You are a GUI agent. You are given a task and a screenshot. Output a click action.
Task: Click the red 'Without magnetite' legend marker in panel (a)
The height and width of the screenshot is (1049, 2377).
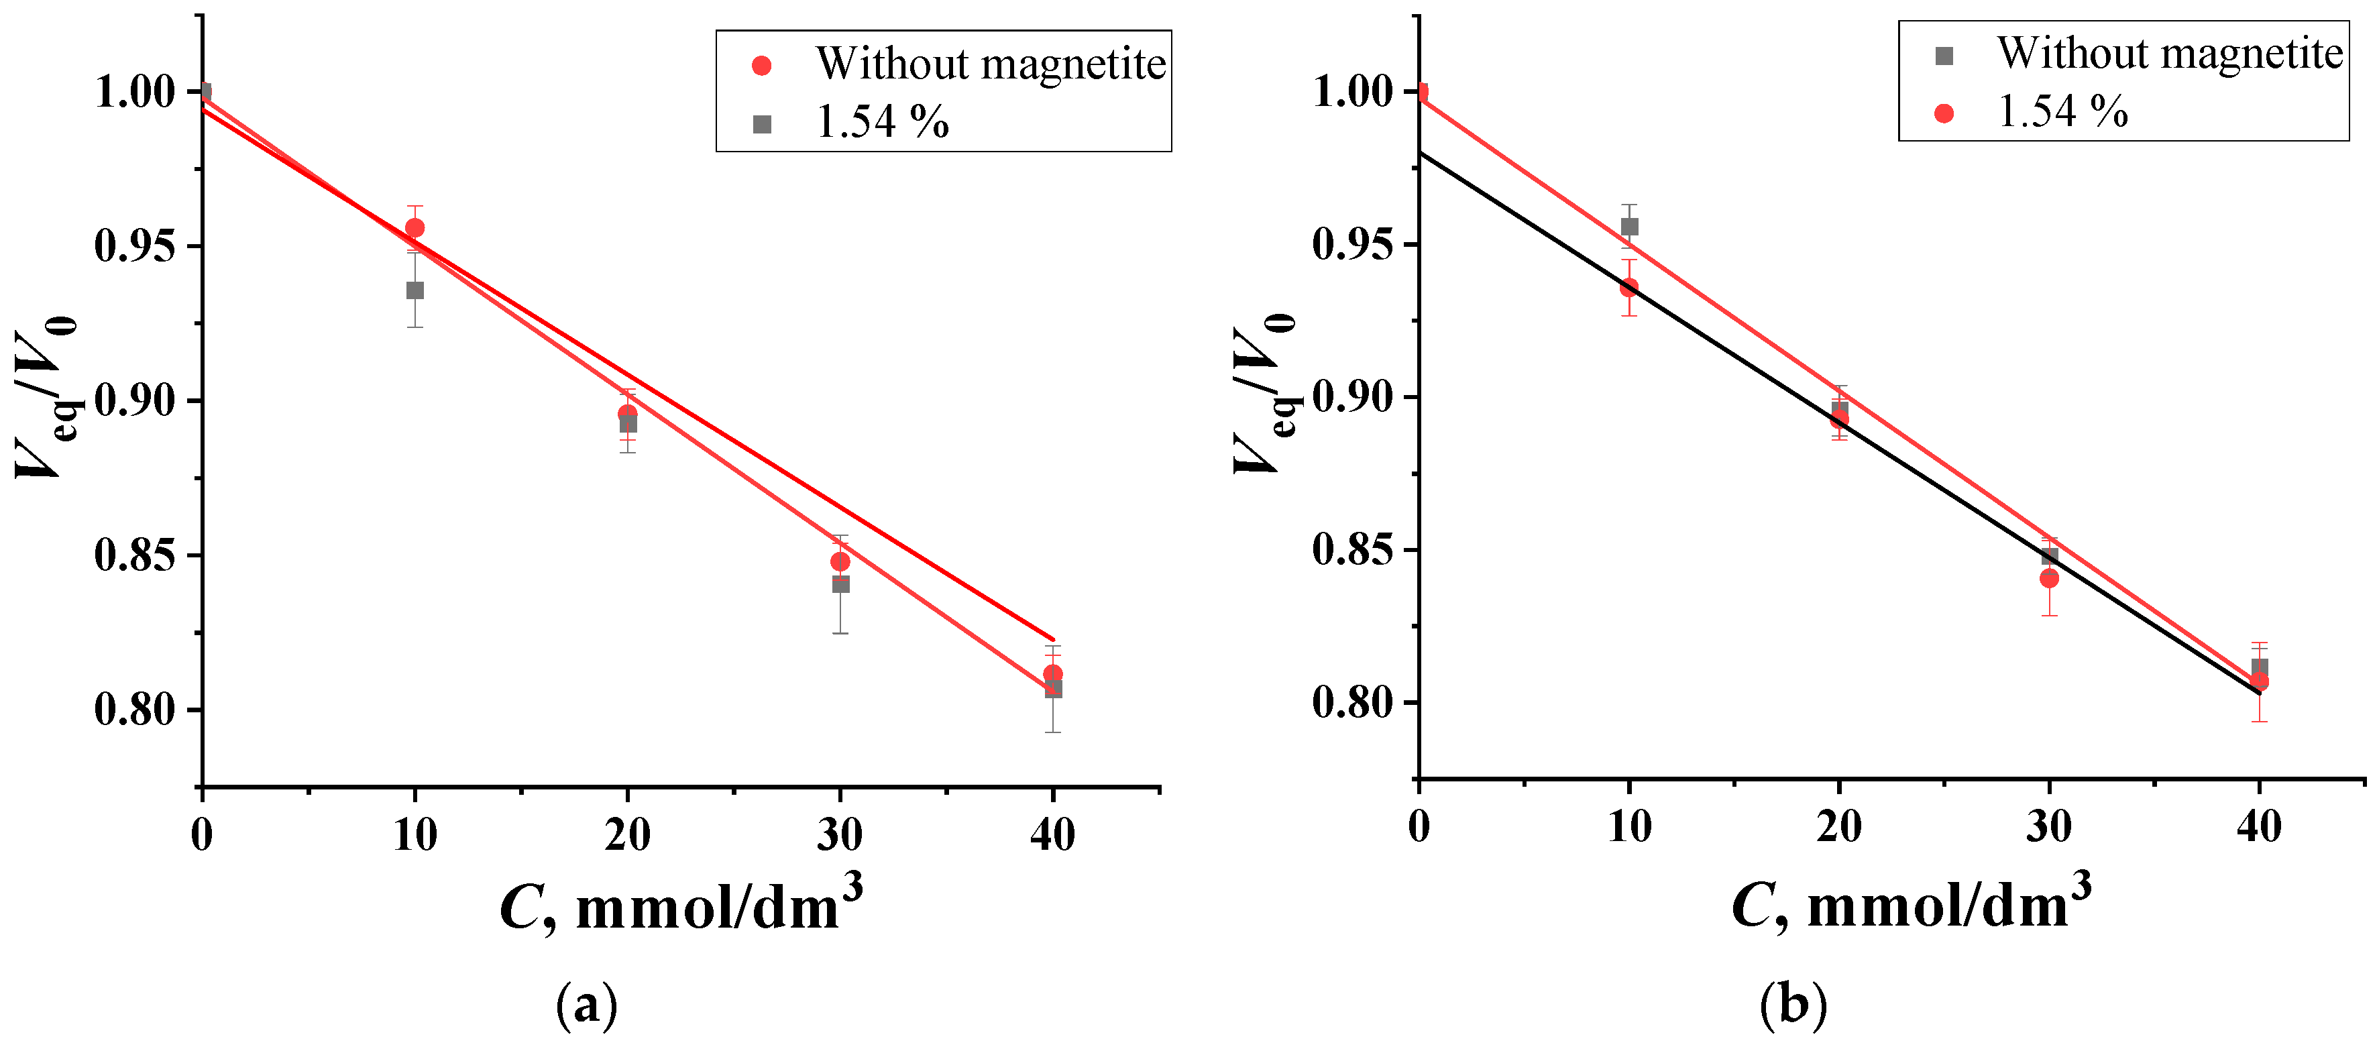[761, 66]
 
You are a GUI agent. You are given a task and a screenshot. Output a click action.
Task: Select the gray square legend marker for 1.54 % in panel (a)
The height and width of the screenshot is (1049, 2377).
[761, 123]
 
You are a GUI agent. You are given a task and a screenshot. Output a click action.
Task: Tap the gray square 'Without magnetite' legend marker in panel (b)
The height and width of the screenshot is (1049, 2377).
[1944, 56]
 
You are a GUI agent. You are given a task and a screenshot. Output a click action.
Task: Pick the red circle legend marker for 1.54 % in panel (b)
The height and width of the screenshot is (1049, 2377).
[1944, 113]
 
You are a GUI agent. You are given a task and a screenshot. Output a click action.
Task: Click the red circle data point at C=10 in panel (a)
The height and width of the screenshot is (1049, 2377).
[415, 228]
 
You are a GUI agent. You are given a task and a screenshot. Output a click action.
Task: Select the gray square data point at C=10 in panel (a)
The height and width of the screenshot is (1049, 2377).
[415, 290]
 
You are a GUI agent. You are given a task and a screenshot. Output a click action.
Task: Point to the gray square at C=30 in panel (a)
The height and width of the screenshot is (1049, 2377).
[840, 584]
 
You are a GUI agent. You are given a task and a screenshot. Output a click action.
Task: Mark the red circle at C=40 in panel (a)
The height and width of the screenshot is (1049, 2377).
[1053, 673]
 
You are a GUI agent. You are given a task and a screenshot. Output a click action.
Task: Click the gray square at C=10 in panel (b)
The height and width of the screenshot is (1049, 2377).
[1630, 227]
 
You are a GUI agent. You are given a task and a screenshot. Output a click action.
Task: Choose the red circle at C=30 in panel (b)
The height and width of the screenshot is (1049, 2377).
[2050, 578]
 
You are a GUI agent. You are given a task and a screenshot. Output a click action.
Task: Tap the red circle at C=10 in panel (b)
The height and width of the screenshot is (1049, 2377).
[1630, 288]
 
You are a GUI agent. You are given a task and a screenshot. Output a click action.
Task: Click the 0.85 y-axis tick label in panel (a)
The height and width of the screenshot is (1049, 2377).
[135, 555]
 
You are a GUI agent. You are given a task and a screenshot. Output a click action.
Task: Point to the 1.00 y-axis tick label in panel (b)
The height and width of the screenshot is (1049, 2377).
[1352, 93]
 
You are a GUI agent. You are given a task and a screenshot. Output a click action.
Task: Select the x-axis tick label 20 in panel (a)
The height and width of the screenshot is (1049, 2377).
[628, 835]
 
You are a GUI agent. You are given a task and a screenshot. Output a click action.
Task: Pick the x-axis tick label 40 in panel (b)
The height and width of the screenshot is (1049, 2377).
[2259, 826]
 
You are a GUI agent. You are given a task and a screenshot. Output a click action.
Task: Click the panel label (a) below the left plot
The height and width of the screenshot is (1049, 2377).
[587, 1005]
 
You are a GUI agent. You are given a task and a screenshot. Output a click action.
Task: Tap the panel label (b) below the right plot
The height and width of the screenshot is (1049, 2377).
[1793, 1004]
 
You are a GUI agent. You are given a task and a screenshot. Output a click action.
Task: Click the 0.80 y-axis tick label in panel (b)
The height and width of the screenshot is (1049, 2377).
[1352, 703]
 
